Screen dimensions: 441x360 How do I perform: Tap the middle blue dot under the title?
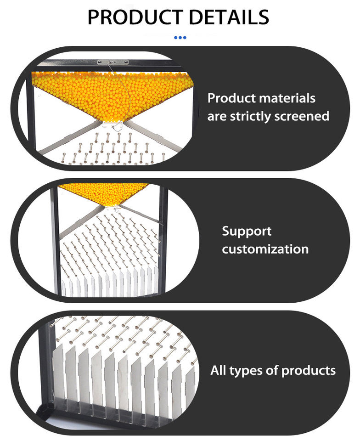point(180,37)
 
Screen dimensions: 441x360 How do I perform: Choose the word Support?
point(247,231)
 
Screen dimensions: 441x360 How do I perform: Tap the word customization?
point(265,249)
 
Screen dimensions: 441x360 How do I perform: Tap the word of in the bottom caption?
point(271,370)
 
